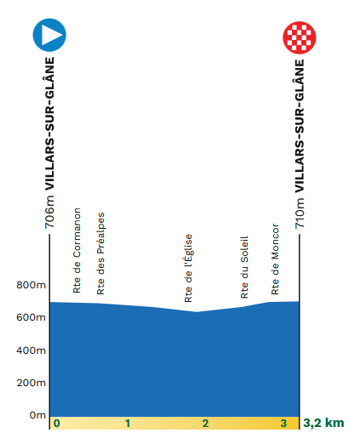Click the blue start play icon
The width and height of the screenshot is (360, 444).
(x=49, y=35)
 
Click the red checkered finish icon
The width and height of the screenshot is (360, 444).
(x=300, y=37)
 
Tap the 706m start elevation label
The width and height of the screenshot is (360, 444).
(x=49, y=212)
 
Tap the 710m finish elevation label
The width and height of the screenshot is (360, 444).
(x=300, y=213)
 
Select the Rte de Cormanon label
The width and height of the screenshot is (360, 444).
(x=77, y=250)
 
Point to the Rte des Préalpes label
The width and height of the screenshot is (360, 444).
(x=100, y=253)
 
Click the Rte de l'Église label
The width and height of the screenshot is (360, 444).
(x=188, y=268)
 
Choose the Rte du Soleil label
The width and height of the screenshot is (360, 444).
(x=244, y=267)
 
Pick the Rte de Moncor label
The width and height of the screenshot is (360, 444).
(x=275, y=259)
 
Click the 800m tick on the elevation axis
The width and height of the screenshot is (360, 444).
(x=31, y=285)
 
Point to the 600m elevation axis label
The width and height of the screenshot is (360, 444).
(x=31, y=317)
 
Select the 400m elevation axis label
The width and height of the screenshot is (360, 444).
(x=31, y=350)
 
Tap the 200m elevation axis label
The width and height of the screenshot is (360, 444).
(x=31, y=383)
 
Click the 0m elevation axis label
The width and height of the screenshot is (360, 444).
(x=37, y=415)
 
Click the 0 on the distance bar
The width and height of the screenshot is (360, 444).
(x=57, y=424)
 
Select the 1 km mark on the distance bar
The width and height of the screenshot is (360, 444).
(x=128, y=424)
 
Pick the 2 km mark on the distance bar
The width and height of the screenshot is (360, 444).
(x=205, y=424)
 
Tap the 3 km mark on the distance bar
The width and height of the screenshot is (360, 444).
(x=283, y=424)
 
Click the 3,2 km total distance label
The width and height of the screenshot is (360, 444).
(x=323, y=423)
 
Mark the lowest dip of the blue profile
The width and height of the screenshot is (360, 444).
(x=197, y=312)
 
